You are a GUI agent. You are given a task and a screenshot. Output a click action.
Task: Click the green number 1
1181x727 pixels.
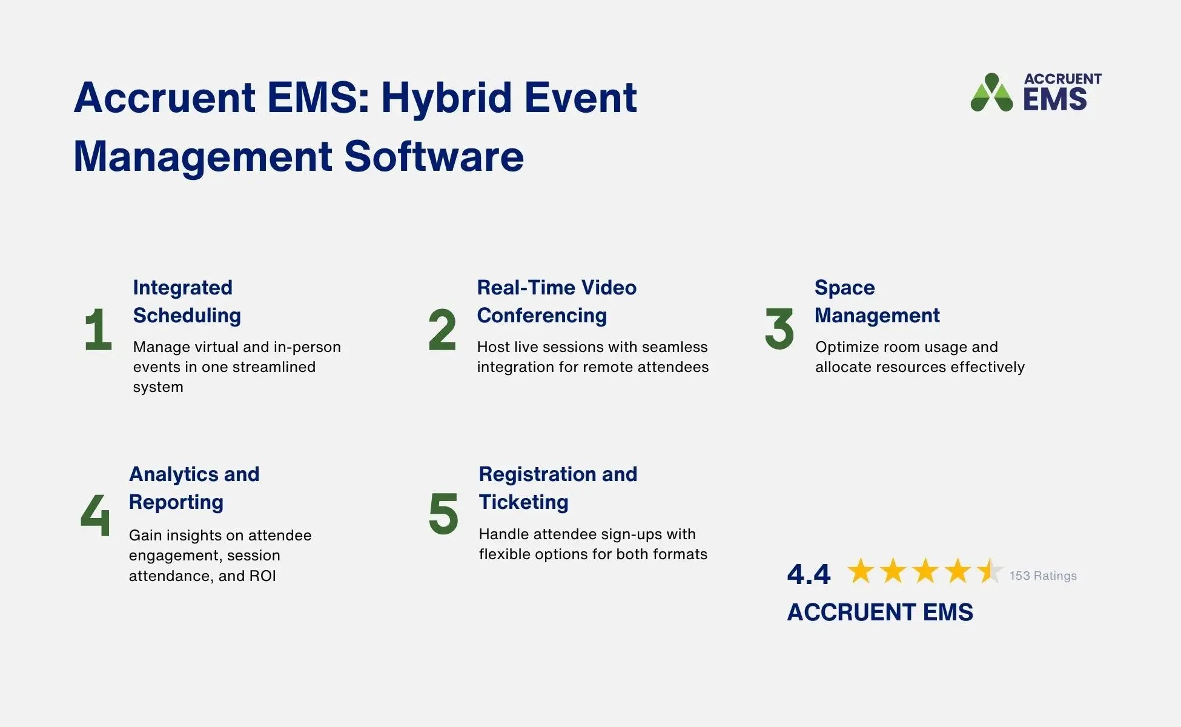click(x=99, y=330)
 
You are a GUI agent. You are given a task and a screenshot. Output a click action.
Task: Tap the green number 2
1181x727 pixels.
click(x=442, y=330)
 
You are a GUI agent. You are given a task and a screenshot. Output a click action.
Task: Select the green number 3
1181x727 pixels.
click(x=779, y=329)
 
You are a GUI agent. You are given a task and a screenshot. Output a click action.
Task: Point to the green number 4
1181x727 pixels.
click(x=96, y=515)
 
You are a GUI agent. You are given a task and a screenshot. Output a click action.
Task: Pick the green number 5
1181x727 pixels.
click(x=443, y=514)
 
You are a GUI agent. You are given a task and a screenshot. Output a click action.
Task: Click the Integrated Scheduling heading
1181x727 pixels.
click(x=187, y=301)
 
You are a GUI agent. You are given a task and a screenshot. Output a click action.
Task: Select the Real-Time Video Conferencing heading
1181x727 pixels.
click(x=556, y=301)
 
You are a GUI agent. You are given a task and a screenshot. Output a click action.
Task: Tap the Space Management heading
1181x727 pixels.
click(x=876, y=301)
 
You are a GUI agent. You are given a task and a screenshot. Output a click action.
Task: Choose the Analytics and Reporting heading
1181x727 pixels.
click(x=194, y=488)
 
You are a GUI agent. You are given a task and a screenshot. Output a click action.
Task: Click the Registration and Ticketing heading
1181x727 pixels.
click(x=557, y=488)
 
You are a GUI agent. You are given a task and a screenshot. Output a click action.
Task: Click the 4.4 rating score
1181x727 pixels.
click(x=809, y=574)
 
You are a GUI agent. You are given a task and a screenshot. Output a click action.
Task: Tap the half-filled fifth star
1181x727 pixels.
click(x=990, y=571)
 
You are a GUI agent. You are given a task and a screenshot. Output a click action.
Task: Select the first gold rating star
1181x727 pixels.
click(x=860, y=571)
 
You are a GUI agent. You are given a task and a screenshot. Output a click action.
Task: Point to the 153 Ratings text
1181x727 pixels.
click(x=1042, y=576)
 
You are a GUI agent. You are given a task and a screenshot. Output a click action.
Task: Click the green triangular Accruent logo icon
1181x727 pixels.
click(x=991, y=94)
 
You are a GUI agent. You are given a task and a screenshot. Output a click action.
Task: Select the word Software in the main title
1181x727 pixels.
click(x=434, y=157)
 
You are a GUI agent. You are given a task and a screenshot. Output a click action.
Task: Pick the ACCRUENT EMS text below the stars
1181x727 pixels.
click(x=879, y=612)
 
